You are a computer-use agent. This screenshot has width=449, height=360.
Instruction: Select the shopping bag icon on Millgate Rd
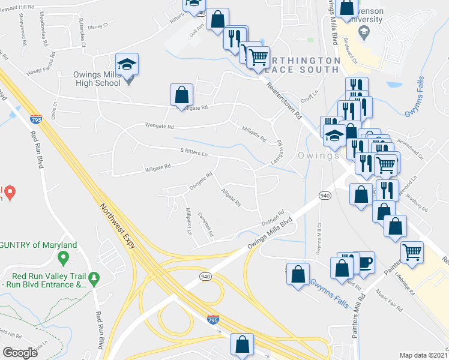181,95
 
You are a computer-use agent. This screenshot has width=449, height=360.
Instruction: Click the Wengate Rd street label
158,127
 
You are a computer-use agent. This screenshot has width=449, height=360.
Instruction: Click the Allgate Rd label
231,199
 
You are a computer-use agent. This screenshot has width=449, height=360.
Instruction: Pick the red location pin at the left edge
10,191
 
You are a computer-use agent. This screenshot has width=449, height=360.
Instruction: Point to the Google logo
20,352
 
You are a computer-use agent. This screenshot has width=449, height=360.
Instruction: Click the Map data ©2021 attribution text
423,355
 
